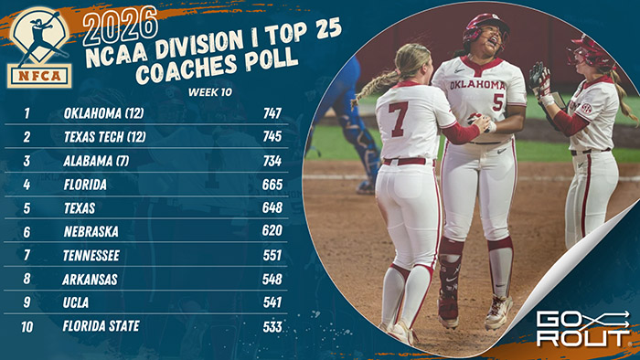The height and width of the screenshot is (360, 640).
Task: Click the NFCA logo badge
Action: pyautogui.click(x=39, y=46)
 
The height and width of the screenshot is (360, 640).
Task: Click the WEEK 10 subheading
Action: pyautogui.click(x=209, y=92)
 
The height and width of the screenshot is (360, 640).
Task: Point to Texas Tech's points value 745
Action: pyautogui.click(x=272, y=137)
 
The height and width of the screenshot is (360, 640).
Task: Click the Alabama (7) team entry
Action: pyautogui.click(x=97, y=160)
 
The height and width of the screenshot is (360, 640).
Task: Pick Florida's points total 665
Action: pyautogui.click(x=272, y=184)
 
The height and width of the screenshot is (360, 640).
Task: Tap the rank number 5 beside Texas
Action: pyautogui.click(x=28, y=207)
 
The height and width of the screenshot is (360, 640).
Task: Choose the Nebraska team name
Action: pyautogui.click(x=91, y=231)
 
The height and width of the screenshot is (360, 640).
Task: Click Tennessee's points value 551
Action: pyautogui.click(x=272, y=255)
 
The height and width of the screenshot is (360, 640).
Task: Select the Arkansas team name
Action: pyautogui.click(x=91, y=278)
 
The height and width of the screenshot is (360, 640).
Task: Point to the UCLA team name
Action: pyautogui.click(x=78, y=302)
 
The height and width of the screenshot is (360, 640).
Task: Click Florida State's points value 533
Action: pyautogui.click(x=272, y=325)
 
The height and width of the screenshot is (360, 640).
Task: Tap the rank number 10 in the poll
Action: pyautogui.click(x=28, y=325)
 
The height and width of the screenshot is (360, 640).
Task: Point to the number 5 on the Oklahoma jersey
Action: pyautogui.click(x=497, y=101)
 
